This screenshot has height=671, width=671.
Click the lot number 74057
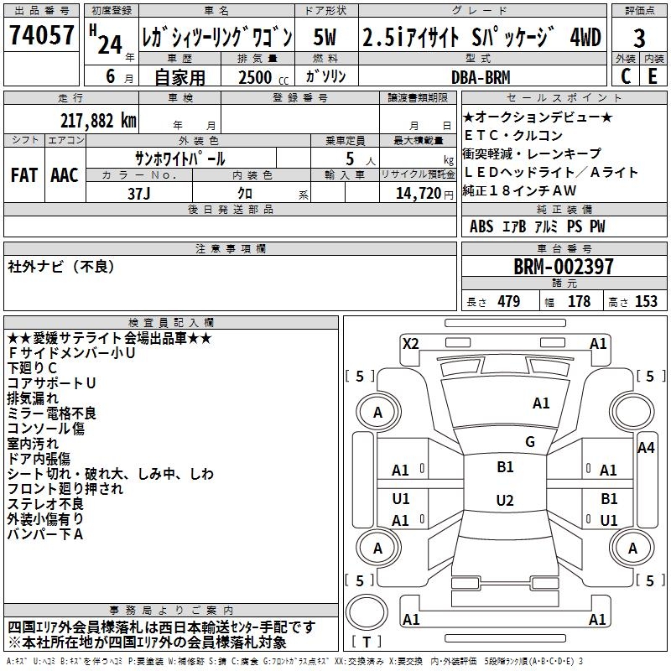41,36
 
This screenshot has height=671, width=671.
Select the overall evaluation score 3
639,39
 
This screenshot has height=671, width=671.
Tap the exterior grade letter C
625,75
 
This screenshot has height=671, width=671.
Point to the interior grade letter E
653,75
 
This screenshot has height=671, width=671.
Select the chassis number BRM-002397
564,268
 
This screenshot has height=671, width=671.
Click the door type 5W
325,38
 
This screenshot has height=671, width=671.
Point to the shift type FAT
24,175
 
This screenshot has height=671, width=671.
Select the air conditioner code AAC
64,175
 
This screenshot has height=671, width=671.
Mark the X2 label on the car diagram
410,342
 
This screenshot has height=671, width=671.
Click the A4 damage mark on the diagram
646,447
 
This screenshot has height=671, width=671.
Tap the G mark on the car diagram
530,442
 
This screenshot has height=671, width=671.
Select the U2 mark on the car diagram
505,501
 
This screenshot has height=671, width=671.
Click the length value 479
508,302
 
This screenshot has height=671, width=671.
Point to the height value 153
646,302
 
